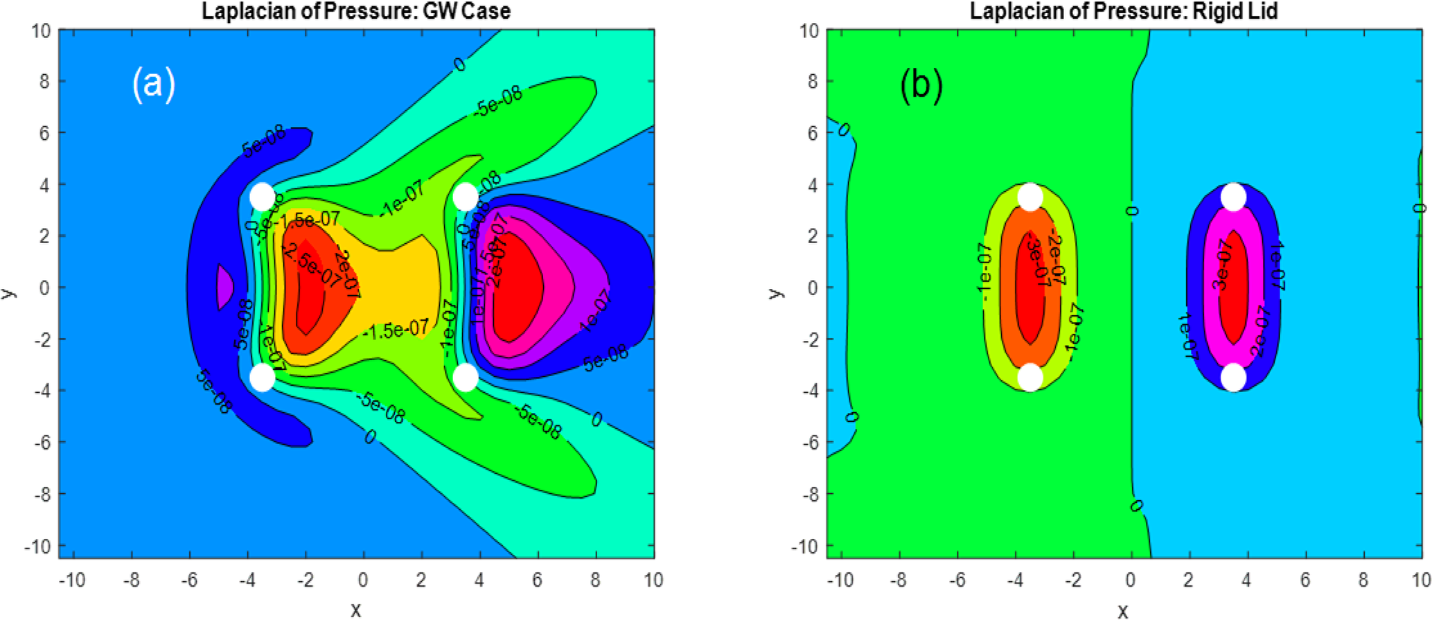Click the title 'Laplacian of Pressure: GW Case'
pos(356,11)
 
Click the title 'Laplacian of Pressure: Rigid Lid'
pos(1123,11)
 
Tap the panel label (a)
pos(154,85)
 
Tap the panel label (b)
pos(921,86)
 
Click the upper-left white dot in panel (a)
pos(263,197)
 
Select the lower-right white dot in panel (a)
pos(466,378)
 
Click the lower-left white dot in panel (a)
pos(263,378)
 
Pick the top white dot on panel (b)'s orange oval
pos(1030,197)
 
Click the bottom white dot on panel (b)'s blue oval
pos(1234,378)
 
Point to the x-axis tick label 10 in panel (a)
pos(653,579)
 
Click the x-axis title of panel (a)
pos(356,609)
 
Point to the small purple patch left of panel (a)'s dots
pos(224,285)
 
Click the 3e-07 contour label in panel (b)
pos(1223,270)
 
